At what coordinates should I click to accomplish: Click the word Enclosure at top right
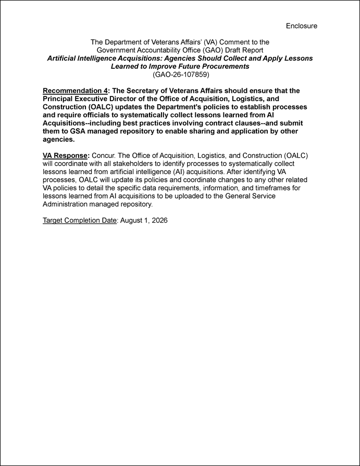301,26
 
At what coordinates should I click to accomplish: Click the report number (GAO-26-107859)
180,75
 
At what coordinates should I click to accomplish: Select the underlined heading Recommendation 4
75,91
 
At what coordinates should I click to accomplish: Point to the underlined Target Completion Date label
80,221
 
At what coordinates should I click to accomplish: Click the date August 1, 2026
144,221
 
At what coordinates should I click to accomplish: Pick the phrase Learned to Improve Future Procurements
180,66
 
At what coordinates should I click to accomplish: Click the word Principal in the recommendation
58,99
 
